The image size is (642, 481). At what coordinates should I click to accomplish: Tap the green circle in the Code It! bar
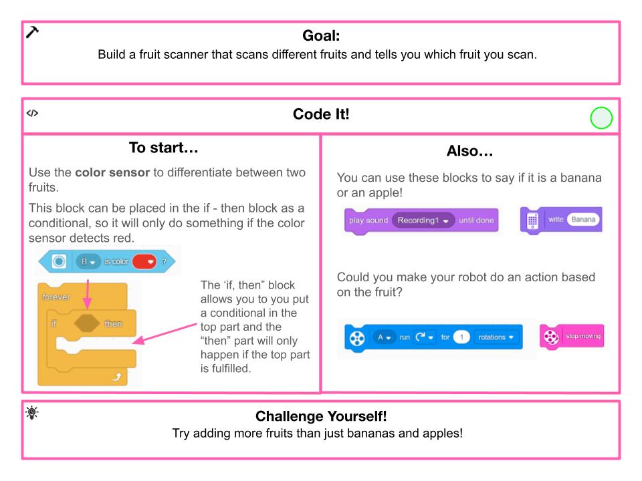click(x=601, y=119)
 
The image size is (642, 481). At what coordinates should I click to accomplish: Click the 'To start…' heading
click(x=171, y=146)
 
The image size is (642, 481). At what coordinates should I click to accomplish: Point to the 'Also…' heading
click(x=469, y=152)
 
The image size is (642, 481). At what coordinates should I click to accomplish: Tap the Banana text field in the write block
click(x=584, y=219)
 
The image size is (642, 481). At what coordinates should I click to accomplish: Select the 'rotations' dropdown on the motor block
click(x=495, y=337)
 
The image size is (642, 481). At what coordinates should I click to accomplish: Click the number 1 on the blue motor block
click(x=459, y=337)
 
